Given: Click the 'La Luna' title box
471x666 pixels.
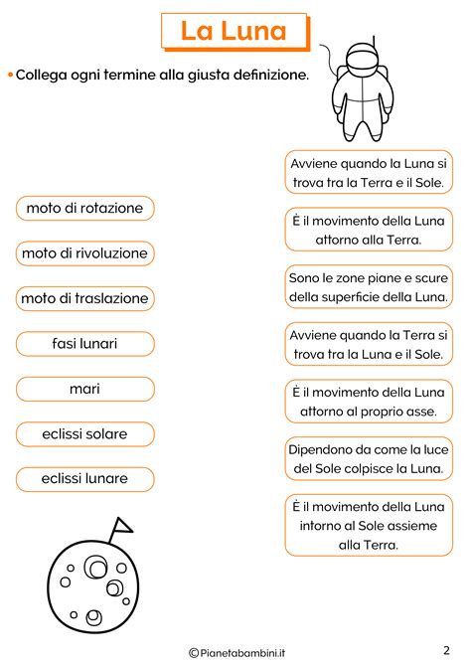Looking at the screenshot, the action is click(234, 31).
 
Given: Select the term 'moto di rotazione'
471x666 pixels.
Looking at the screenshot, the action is click(84, 208).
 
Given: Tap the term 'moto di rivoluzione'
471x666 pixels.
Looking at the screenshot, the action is click(84, 253).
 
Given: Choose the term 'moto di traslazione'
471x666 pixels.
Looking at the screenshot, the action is click(84, 298).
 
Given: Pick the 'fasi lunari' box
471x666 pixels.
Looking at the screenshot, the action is click(84, 344).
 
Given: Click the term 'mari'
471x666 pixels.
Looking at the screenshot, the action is click(84, 389).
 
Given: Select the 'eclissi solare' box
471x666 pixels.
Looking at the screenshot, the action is click(84, 434).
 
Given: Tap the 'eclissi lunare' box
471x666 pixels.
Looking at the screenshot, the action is click(84, 479).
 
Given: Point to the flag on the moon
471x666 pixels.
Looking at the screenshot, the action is click(122, 524).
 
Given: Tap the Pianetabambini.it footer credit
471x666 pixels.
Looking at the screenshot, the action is click(235, 651).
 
